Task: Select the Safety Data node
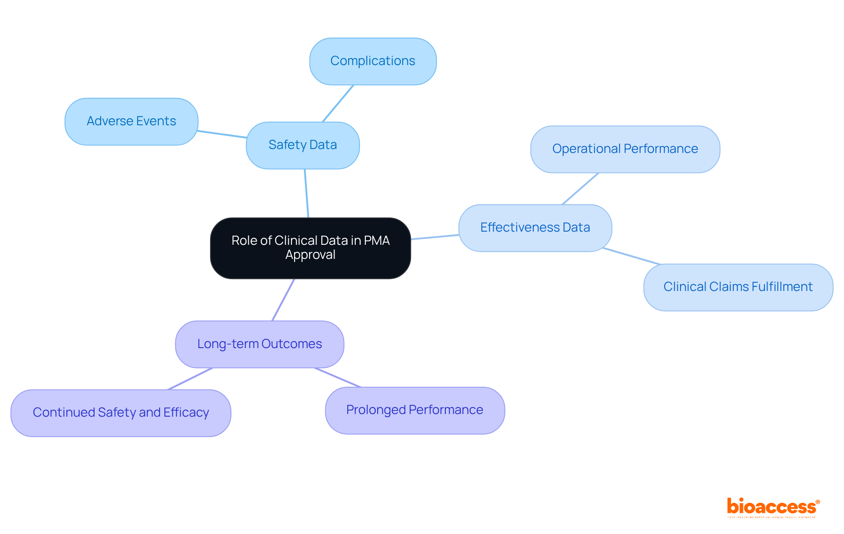[x=302, y=145]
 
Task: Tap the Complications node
[x=373, y=61]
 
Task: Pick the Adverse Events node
[x=131, y=121]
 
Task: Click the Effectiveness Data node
[x=535, y=228]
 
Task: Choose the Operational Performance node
[x=625, y=149]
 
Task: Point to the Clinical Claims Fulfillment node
[x=738, y=287]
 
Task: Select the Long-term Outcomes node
[x=259, y=344]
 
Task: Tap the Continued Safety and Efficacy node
[x=120, y=413]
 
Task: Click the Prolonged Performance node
[x=415, y=410]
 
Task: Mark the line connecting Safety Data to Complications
[x=338, y=103]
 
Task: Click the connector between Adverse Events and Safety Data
[x=222, y=134]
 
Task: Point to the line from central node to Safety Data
[x=306, y=193]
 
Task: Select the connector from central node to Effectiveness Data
[x=435, y=237]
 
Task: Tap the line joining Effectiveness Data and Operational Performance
[x=580, y=189]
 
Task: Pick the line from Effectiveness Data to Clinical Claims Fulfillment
[x=632, y=256]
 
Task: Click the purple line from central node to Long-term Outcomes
[x=283, y=300]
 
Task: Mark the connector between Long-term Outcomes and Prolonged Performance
[x=338, y=378]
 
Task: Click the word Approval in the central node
[x=310, y=255]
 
